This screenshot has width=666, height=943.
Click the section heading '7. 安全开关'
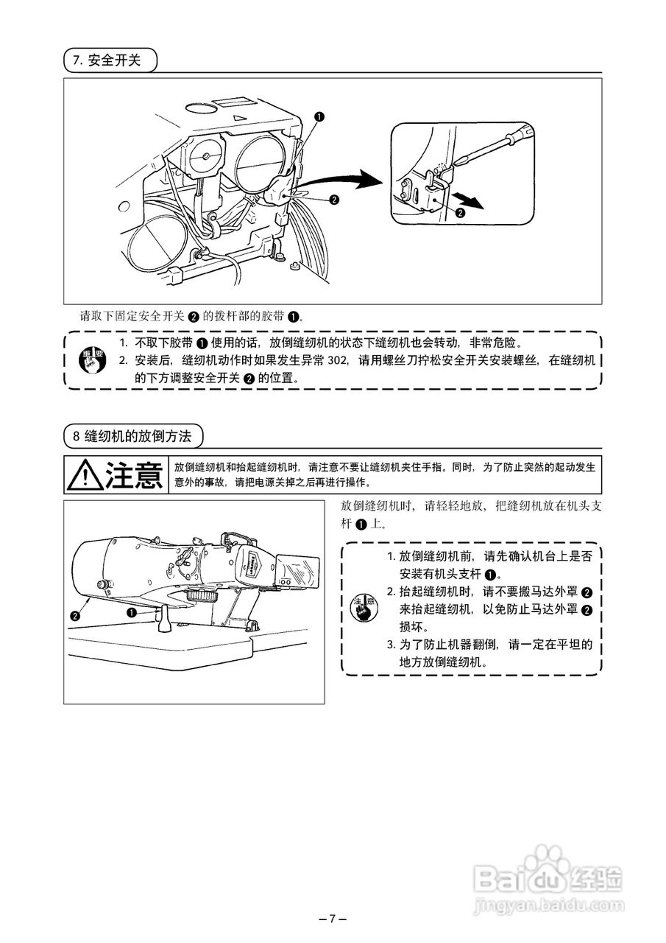(110, 60)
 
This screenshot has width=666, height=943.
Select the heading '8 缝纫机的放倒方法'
(132, 436)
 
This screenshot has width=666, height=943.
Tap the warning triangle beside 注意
(85, 476)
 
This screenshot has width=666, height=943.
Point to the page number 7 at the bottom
(332, 918)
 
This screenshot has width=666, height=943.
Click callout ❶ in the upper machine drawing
(319, 116)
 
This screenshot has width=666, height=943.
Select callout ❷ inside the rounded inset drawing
(461, 212)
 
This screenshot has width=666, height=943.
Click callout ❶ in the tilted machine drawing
(132, 611)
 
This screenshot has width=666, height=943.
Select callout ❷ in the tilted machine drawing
(74, 615)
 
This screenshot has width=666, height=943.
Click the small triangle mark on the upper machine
(236, 117)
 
